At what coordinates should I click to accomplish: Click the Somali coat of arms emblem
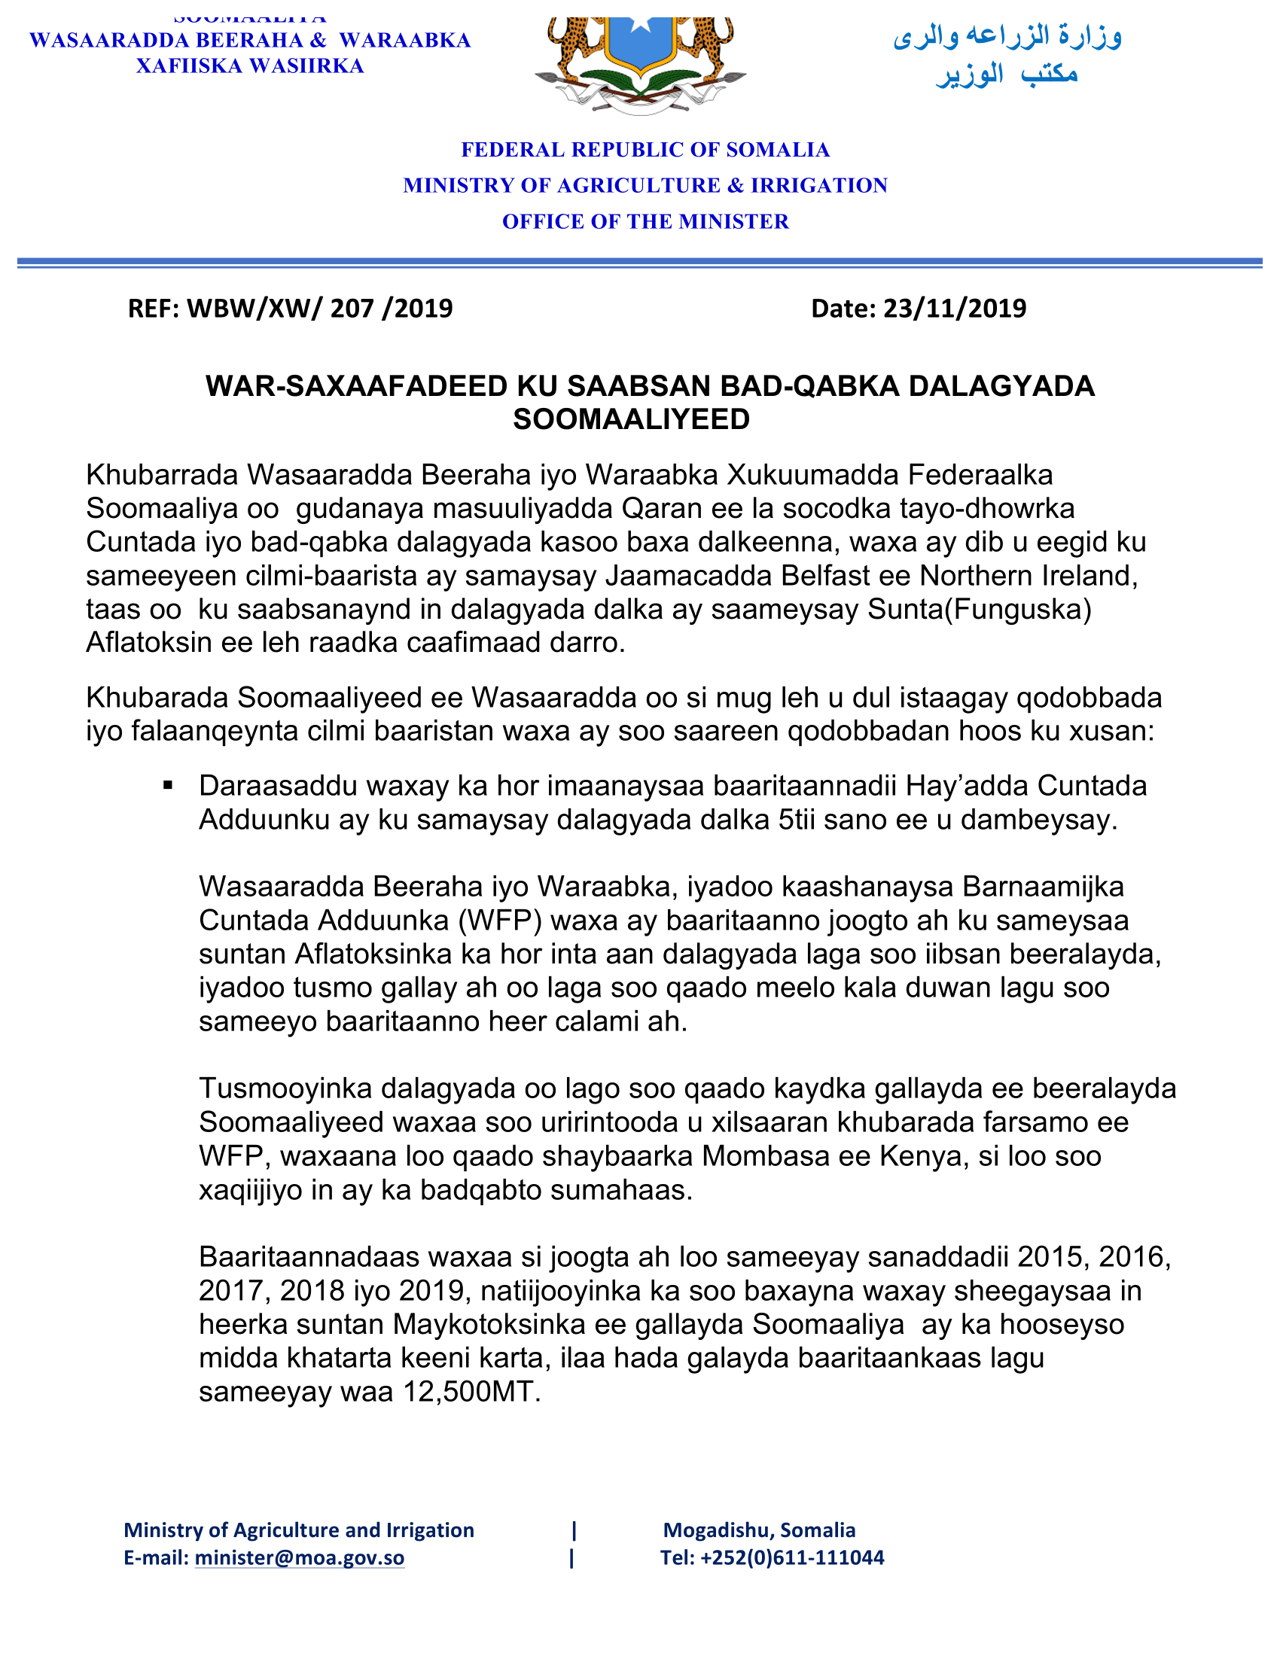641,65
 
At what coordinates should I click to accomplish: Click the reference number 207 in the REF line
351,309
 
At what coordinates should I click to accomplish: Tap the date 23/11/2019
955,309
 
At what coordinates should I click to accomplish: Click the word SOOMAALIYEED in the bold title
631,419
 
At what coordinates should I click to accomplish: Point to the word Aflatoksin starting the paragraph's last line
149,643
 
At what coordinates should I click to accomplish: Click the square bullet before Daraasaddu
169,786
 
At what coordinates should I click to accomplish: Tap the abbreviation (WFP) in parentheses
499,921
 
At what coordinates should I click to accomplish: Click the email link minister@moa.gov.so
300,1558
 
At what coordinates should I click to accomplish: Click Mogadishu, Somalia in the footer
759,1530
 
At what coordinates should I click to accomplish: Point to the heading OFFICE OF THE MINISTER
645,221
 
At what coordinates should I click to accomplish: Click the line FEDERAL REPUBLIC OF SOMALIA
645,150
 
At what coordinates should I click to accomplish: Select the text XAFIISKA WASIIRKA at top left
250,67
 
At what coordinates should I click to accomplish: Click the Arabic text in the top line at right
1007,36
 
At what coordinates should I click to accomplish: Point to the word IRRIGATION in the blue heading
819,186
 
